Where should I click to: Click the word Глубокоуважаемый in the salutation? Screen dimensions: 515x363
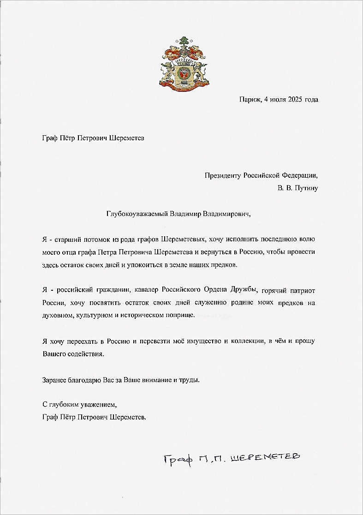click(137, 214)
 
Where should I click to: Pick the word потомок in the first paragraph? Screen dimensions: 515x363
click(95, 240)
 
